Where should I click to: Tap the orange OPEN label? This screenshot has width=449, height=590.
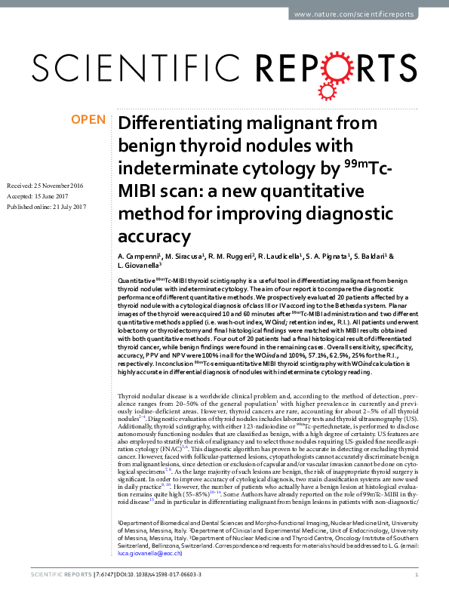(x=88, y=120)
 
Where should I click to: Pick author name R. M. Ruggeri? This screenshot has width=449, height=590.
(x=230, y=257)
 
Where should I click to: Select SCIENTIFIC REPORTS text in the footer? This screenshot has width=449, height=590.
(x=56, y=575)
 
